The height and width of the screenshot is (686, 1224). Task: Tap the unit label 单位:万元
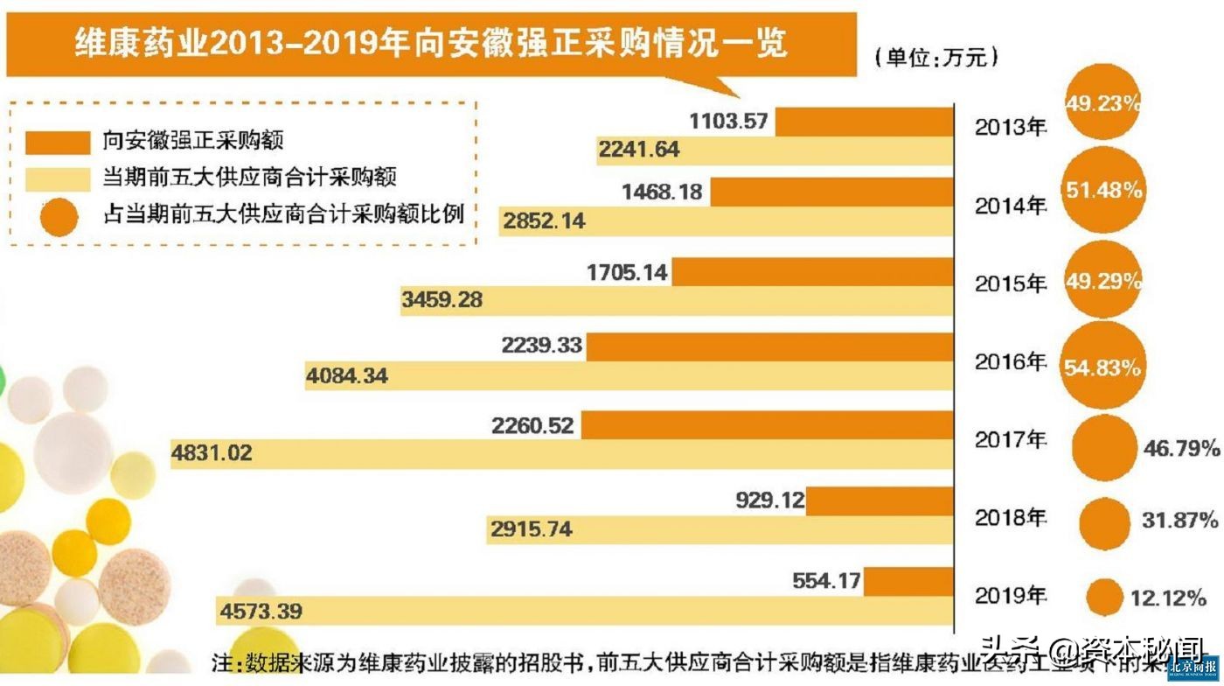point(936,59)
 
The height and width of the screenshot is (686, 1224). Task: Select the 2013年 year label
point(1011,128)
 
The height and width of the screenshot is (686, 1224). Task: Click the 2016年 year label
point(1011,361)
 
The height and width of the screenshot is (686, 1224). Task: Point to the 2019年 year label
point(1011,597)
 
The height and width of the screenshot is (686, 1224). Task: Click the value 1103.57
point(729,122)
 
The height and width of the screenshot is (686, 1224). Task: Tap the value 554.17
point(826,579)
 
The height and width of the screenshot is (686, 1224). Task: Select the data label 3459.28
point(442,300)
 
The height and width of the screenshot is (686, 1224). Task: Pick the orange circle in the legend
point(58,214)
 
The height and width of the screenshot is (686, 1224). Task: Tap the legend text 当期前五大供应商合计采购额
point(250,178)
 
